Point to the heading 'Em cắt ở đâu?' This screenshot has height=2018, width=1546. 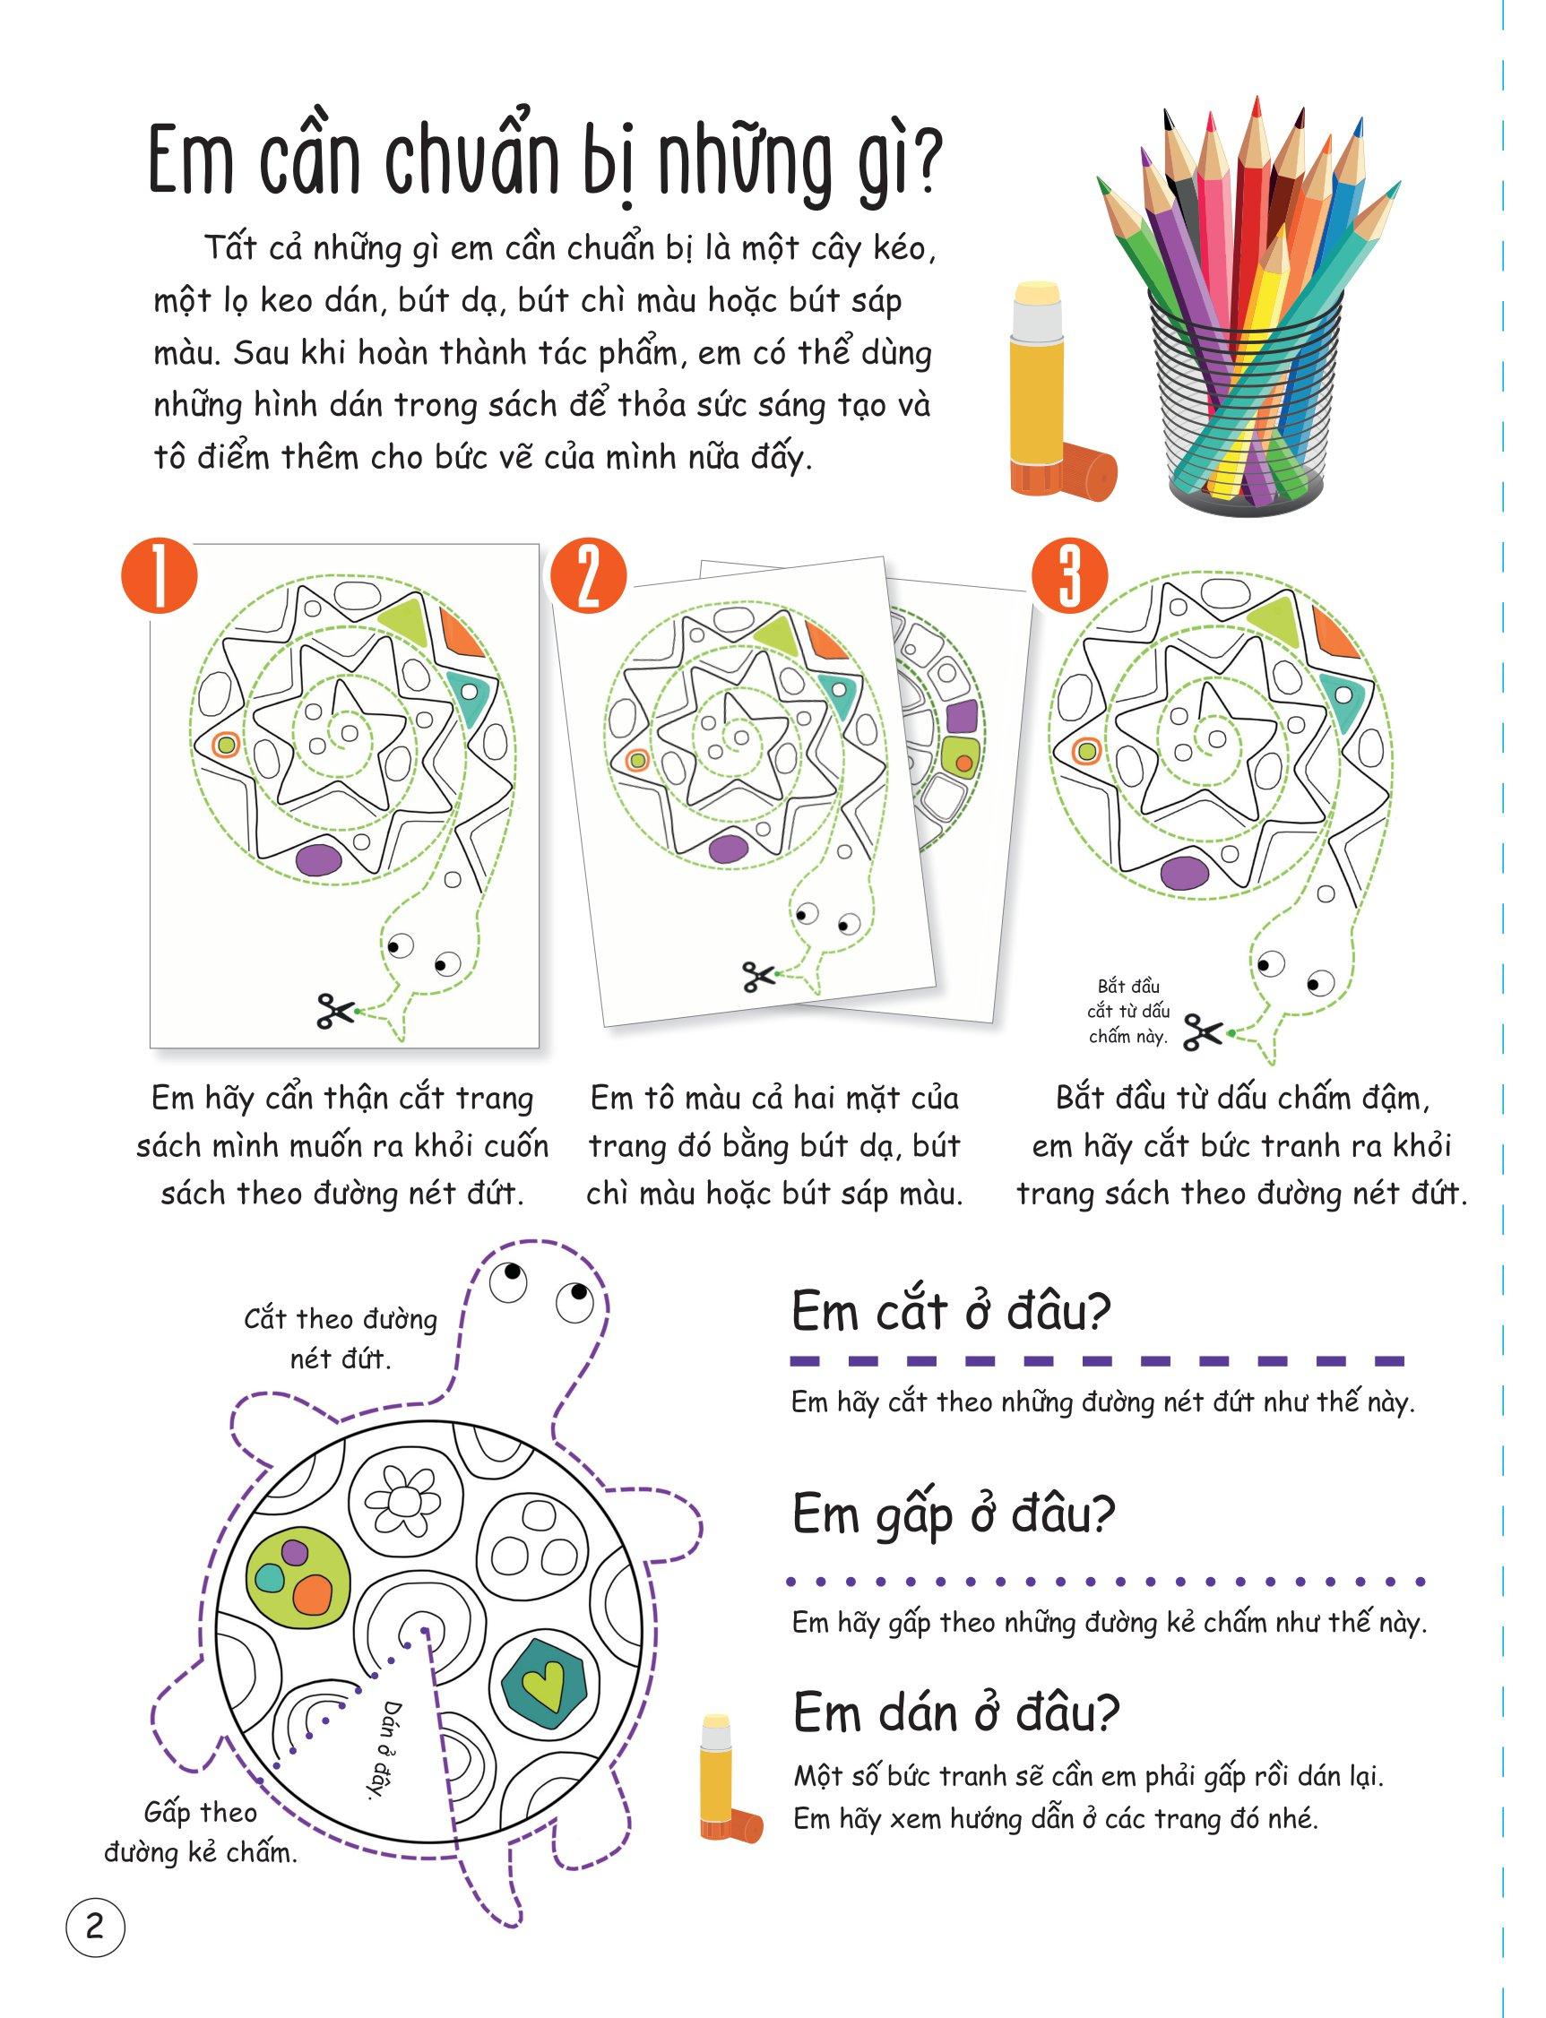(x=952, y=1312)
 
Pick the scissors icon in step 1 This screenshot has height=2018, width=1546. (x=335, y=1011)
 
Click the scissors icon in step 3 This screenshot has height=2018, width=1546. (x=1202, y=1031)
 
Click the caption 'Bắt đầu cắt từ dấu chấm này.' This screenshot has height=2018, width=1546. (x=1127, y=1011)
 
